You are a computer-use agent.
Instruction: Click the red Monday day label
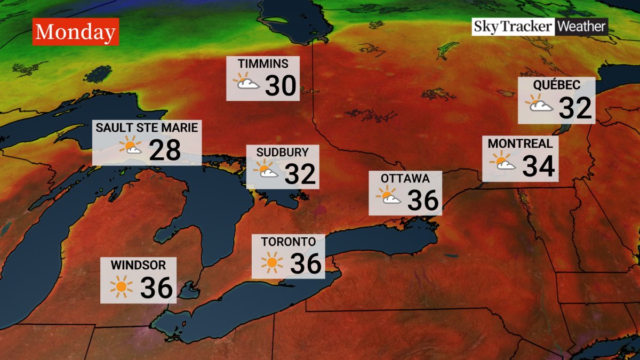click(x=75, y=32)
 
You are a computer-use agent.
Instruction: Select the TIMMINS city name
click(x=263, y=64)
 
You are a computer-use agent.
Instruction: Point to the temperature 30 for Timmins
click(x=281, y=85)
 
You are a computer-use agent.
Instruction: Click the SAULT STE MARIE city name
click(x=147, y=128)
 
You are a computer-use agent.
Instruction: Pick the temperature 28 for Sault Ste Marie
click(x=165, y=150)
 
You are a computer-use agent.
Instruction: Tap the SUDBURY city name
click(x=282, y=152)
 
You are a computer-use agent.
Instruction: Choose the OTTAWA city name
click(x=405, y=178)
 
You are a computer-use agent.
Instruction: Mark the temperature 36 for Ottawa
click(x=423, y=200)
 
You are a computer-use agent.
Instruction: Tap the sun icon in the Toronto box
click(x=272, y=262)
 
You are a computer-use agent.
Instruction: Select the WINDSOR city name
click(x=138, y=265)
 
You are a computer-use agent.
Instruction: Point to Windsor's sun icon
click(x=122, y=287)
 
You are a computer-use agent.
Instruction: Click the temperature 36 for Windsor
click(x=156, y=288)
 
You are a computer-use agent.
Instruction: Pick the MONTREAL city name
click(x=520, y=143)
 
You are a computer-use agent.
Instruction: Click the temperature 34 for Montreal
click(x=539, y=165)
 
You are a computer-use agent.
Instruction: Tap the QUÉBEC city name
click(x=556, y=85)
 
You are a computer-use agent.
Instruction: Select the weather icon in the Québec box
click(x=541, y=104)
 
